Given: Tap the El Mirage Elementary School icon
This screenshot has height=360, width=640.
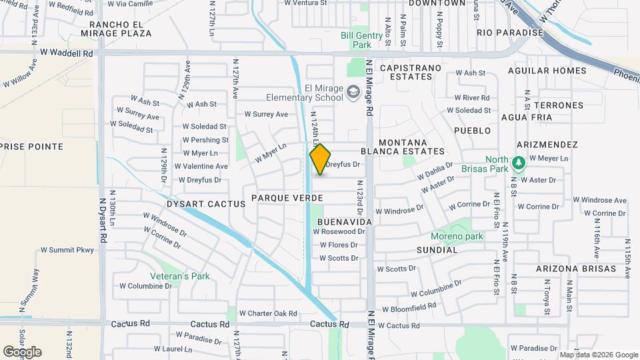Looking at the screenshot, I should tap(353, 91).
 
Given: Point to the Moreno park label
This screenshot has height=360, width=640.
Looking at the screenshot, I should tap(457, 237).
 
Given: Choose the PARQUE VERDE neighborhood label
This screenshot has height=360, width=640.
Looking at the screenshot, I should tap(287, 198).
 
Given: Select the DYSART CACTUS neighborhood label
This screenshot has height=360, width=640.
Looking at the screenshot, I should tap(206, 204).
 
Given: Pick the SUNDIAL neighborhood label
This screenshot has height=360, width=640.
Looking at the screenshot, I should tap(437, 250).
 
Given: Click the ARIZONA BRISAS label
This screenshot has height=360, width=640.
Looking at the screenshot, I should tap(576, 269).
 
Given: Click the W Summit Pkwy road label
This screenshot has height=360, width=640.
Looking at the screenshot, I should tap(67, 250).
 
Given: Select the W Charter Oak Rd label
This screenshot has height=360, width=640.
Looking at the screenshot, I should tap(268, 313).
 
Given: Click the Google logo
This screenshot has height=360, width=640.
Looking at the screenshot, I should tap(23, 352).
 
